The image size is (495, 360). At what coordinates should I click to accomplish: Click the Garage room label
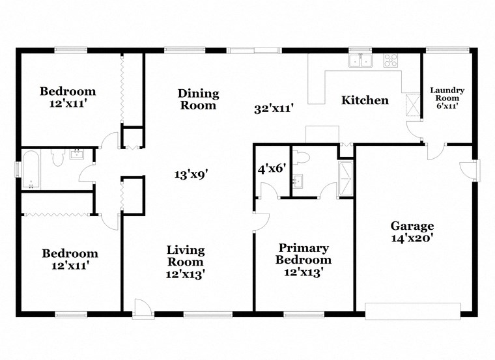(412, 226)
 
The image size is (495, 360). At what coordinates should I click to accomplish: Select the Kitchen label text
(365, 100)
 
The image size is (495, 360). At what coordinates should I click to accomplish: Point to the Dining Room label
(198, 99)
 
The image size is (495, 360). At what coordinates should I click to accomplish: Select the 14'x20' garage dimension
(412, 238)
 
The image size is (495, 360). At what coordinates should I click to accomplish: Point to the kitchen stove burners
(391, 61)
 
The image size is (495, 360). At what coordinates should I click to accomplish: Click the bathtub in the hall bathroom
(32, 169)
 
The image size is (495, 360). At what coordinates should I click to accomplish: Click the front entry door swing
(142, 308)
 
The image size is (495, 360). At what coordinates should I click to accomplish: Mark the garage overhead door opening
(413, 311)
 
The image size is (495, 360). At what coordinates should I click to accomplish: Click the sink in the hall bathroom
(78, 154)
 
